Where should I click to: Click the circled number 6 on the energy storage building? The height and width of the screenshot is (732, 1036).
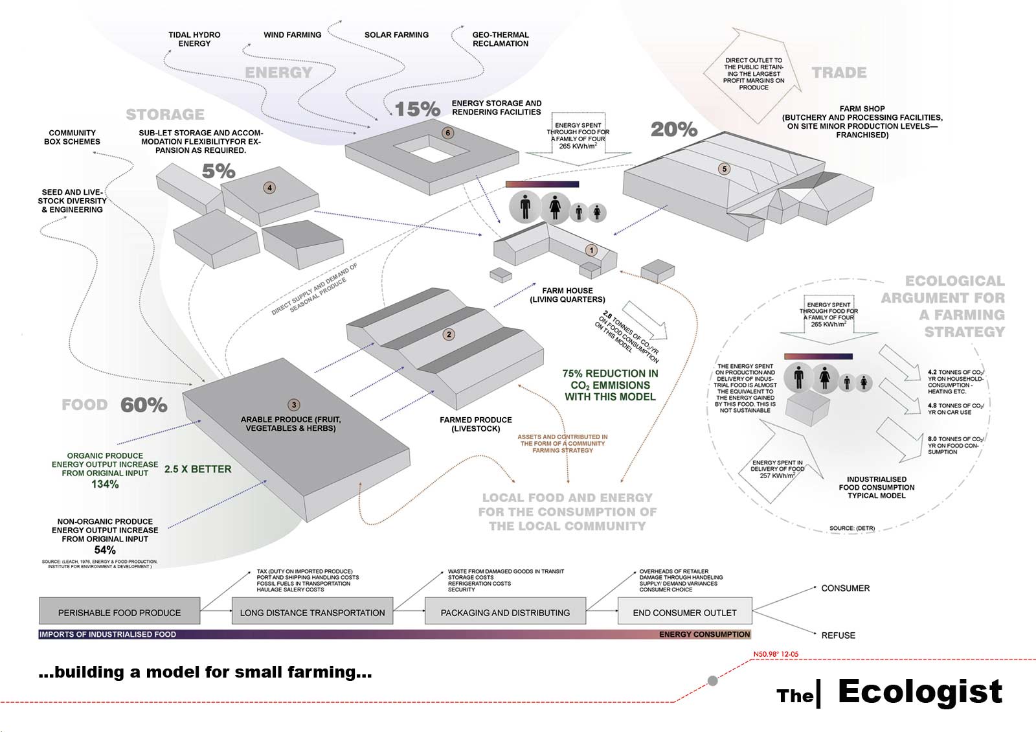coord(447,133)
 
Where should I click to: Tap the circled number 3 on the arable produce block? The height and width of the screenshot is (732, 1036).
coord(294,405)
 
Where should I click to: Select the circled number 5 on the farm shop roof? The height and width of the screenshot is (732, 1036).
coord(725,169)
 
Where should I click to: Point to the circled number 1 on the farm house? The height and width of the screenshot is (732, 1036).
coord(591,250)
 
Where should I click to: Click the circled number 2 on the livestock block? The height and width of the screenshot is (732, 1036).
coord(449,334)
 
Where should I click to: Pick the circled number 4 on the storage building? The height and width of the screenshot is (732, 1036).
coord(269,188)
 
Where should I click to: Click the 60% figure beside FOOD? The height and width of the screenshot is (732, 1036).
coord(144,405)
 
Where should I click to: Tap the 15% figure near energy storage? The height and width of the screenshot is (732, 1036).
coord(418,109)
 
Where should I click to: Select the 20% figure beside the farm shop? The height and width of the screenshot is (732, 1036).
coord(674,130)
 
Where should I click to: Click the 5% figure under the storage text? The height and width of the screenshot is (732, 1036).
coord(218,171)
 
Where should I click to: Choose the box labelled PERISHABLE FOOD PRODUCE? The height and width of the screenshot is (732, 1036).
coord(119,612)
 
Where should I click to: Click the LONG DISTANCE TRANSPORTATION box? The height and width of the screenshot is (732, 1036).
coord(312,612)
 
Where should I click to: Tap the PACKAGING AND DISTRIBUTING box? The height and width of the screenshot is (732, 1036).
coord(505,612)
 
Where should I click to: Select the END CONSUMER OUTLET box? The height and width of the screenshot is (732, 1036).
coord(684,612)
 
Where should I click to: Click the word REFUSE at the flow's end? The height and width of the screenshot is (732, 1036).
coord(838,635)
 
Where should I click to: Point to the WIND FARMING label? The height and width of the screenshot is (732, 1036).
coord(292,35)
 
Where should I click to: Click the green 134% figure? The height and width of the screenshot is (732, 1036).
coord(105,484)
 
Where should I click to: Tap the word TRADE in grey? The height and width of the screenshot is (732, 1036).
coord(839,73)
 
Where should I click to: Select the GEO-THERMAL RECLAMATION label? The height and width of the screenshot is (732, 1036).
coord(501,39)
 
